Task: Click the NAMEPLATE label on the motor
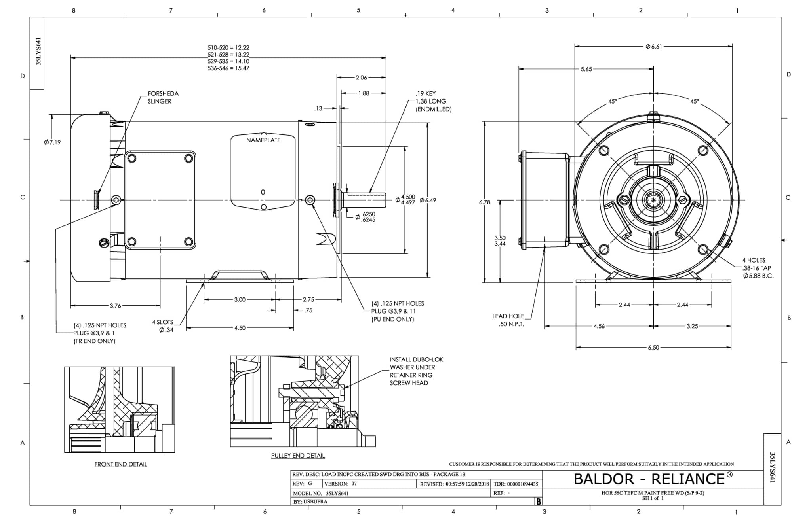pos(263,140)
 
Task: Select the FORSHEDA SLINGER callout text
pos(163,97)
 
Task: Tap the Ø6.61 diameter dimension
pos(653,47)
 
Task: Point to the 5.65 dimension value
pos(586,69)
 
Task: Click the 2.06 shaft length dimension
pos(361,78)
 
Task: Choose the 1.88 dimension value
pos(364,93)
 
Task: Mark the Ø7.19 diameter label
pos(53,142)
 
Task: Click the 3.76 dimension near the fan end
pos(115,306)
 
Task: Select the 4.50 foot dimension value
pos(240,328)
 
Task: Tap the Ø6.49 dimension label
pos(428,200)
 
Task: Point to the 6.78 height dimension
pos(485,202)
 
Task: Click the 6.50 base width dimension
pos(653,348)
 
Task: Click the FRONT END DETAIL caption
pos(121,464)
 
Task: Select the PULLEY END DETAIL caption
pos(298,456)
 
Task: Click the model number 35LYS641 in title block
pos(337,493)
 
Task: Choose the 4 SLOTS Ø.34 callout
pos(163,326)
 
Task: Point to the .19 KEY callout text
pos(426,93)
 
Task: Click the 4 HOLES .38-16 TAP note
pos(757,268)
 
